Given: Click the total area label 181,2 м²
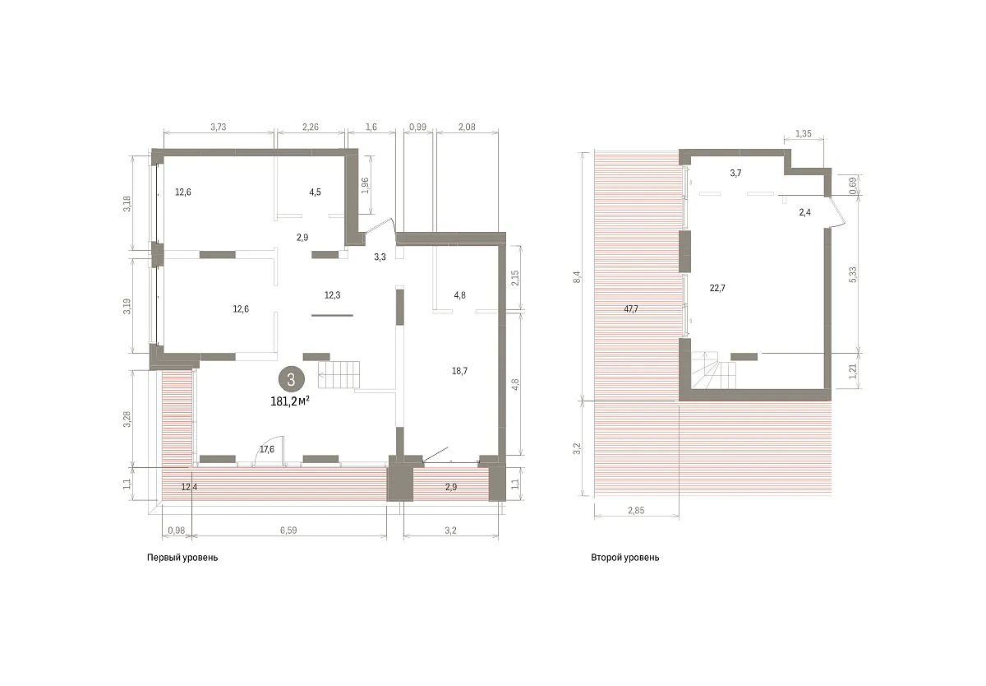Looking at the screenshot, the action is pyautogui.click(x=289, y=401).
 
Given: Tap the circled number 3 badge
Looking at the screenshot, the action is pyautogui.click(x=291, y=379).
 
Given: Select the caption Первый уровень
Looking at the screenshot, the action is pyautogui.click(x=182, y=558).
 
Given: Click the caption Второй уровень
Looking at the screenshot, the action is pyautogui.click(x=625, y=558).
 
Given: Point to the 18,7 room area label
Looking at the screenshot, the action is pyautogui.click(x=459, y=371).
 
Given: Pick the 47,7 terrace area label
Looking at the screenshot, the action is pyautogui.click(x=631, y=309).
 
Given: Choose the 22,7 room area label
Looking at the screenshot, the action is pyautogui.click(x=717, y=288).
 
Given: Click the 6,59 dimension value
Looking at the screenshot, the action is pyautogui.click(x=288, y=531).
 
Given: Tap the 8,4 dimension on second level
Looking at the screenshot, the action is pyautogui.click(x=578, y=276).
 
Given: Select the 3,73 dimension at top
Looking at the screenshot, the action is pyautogui.click(x=219, y=127).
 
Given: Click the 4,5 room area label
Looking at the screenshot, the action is pyautogui.click(x=316, y=192).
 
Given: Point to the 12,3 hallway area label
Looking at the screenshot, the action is pyautogui.click(x=332, y=295).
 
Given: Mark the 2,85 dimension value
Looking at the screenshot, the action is pyautogui.click(x=636, y=510).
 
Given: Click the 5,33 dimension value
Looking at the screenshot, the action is pyautogui.click(x=853, y=275).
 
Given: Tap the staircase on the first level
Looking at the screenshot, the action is pyautogui.click(x=339, y=375).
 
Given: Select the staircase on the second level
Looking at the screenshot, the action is pyautogui.click(x=713, y=370).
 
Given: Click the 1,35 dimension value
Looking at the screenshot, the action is pyautogui.click(x=804, y=133).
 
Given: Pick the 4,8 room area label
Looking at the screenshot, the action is pyautogui.click(x=459, y=295).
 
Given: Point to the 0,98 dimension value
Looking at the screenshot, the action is pyautogui.click(x=177, y=531).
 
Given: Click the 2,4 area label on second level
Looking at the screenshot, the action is pyautogui.click(x=805, y=212).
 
